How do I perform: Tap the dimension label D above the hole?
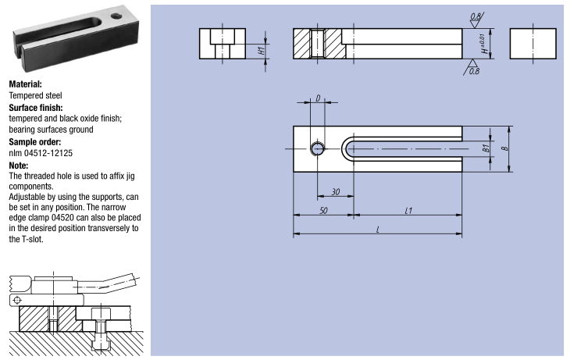pyautogui.click(x=318, y=98)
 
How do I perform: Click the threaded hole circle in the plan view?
pyautogui.click(x=318, y=149)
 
